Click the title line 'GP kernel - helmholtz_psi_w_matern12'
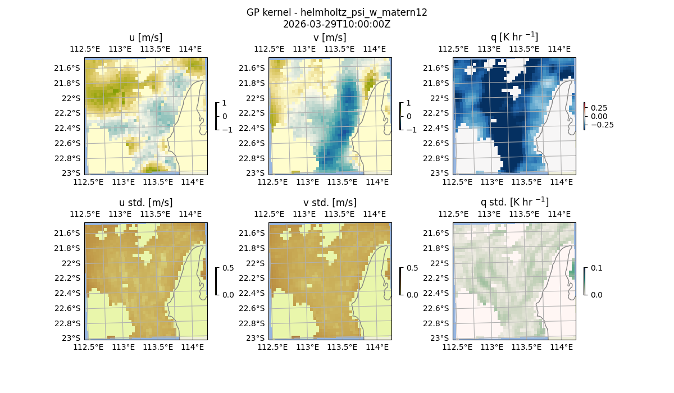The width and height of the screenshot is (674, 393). coord(337,12)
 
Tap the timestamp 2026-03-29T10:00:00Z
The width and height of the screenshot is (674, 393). coord(337,24)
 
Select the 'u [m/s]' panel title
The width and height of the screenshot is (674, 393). coord(145,38)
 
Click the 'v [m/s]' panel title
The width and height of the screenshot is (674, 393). coord(330,38)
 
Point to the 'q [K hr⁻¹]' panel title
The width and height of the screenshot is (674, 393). coord(514,38)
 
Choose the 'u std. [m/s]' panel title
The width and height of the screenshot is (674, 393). coord(145,203)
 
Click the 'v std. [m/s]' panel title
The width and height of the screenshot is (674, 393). coord(330,203)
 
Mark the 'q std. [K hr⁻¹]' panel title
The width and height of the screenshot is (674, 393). coord(514,202)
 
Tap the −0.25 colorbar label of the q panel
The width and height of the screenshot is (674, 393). coord(602,125)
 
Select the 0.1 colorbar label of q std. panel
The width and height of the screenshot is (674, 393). coord(595,268)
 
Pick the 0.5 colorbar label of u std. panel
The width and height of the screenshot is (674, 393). coord(228,268)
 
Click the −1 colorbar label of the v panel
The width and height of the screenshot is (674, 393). coord(411,130)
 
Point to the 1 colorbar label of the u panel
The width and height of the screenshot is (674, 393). coord(225,103)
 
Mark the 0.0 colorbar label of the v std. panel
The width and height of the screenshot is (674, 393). coord(412,295)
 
